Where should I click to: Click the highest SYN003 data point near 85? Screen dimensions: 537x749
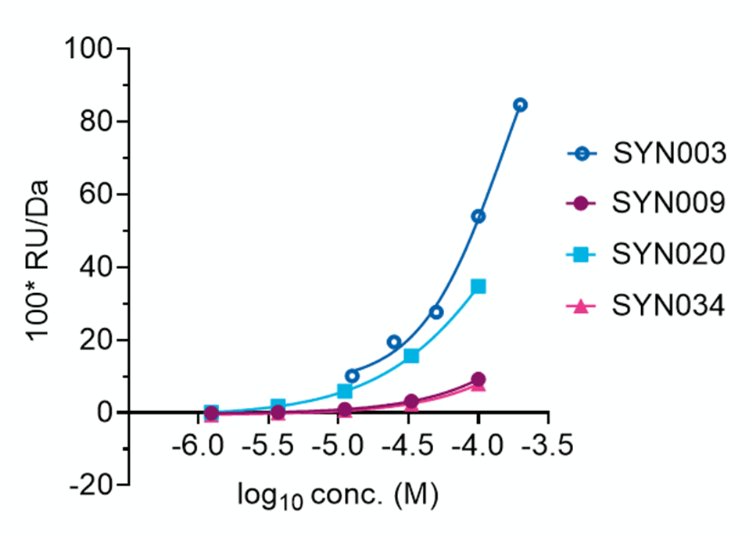click(520, 105)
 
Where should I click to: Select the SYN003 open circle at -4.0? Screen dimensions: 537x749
click(478, 217)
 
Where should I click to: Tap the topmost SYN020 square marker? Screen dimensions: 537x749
click(478, 286)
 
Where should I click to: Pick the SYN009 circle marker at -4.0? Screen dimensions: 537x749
click(478, 379)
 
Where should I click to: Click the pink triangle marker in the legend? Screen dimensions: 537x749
click(580, 306)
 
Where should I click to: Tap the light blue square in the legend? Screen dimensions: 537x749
click(580, 254)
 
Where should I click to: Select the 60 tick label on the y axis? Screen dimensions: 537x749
click(95, 195)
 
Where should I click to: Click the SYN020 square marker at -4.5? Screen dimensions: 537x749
click(411, 356)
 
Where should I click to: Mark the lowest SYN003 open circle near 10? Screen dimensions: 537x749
click(352, 376)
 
